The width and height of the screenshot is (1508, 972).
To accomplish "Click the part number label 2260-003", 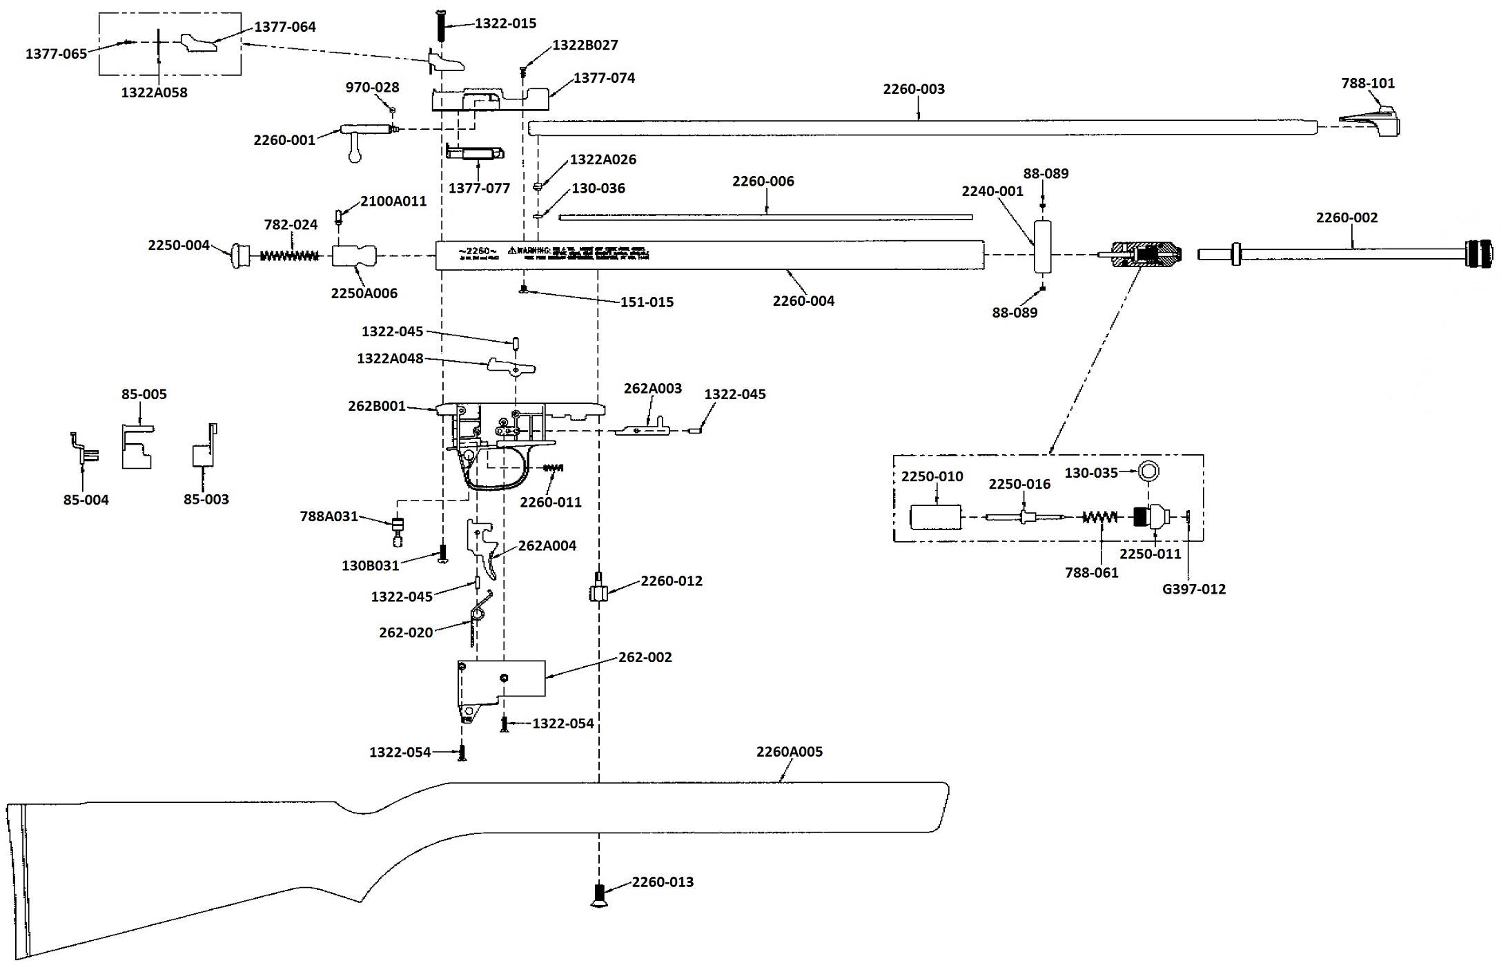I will click(914, 89).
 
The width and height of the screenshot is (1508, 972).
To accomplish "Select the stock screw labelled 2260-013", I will click(599, 894).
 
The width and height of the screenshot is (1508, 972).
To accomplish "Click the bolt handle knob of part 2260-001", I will click(355, 157).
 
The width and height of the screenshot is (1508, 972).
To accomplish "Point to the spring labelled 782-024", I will click(289, 255).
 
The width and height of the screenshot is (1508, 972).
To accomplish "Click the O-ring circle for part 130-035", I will click(1148, 472).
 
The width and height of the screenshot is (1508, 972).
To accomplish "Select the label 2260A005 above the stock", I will click(789, 752).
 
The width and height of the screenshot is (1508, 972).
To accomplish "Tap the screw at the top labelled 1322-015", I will click(441, 26).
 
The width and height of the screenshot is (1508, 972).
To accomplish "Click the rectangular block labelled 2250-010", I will click(935, 517).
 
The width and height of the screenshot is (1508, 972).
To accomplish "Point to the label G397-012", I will click(1193, 590).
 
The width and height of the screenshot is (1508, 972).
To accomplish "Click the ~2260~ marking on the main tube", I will click(477, 251).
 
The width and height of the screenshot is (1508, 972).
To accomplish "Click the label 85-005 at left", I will click(144, 394).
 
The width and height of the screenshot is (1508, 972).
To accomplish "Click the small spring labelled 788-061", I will click(1099, 517).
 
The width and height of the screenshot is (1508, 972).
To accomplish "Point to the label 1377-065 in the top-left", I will click(56, 54).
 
